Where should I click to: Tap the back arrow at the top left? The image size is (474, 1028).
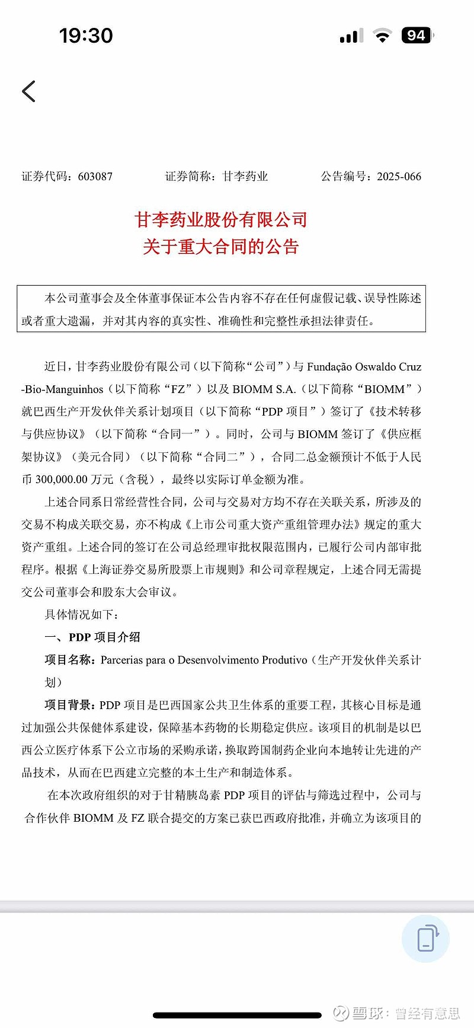pos(29,91)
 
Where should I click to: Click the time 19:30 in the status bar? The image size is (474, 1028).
pos(86,36)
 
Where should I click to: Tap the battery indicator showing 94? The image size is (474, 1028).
pos(417,36)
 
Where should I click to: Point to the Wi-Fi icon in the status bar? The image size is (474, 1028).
pos(383,36)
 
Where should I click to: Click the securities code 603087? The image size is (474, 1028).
pos(95,177)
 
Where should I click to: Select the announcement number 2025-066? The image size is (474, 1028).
pos(399,177)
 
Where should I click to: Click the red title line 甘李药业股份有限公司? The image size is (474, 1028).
pos(221,220)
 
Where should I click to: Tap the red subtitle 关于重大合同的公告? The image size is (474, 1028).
pos(221,247)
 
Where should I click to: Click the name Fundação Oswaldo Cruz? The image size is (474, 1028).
pos(364,367)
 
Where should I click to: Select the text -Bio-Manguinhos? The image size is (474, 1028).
pos(62,390)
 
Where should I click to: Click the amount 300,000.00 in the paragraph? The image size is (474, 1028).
pos(62,480)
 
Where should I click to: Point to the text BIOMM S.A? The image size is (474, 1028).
pos(264,390)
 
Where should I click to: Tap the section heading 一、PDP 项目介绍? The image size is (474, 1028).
pos(92,637)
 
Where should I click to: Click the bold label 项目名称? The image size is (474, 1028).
pos(68,660)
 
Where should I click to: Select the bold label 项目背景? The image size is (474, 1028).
pos(68,705)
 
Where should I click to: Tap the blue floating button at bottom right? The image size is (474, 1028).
pos(425,938)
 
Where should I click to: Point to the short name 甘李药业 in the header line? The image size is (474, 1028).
pos(245,177)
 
